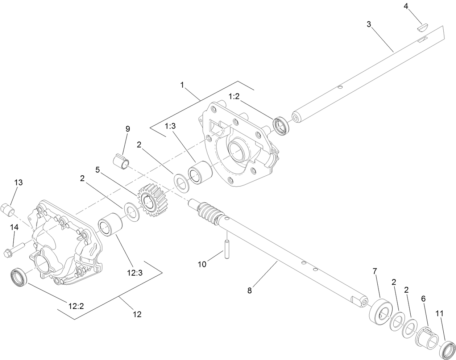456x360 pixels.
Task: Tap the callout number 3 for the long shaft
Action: (x=369, y=24)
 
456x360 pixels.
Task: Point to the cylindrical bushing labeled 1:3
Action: (x=198, y=172)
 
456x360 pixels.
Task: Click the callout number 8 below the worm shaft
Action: (x=249, y=290)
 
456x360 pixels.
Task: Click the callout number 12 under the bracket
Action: (x=137, y=314)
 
